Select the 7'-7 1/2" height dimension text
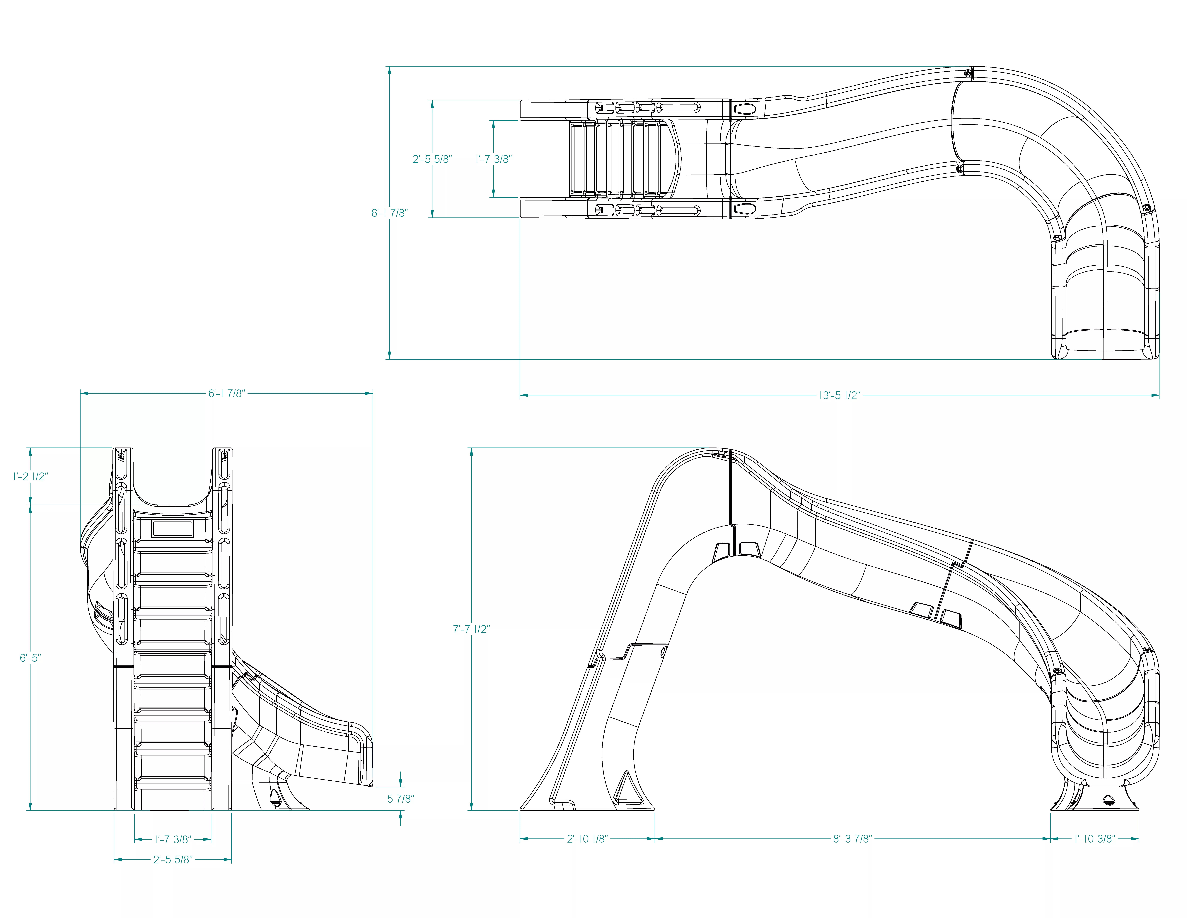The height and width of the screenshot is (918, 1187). click(x=471, y=629)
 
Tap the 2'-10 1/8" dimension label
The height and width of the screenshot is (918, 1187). click(x=587, y=839)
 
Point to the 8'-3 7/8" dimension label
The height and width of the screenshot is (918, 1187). click(x=852, y=839)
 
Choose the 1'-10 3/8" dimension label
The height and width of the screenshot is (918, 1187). click(x=1095, y=839)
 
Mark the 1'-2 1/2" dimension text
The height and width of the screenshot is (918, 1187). click(x=30, y=476)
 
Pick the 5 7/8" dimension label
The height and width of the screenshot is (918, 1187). click(x=401, y=798)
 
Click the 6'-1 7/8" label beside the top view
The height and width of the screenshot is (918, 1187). click(x=389, y=213)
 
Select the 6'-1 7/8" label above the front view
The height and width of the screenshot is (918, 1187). click(x=227, y=393)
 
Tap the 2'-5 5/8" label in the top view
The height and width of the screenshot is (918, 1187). click(x=432, y=159)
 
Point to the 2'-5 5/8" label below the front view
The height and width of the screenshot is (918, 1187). click(x=173, y=859)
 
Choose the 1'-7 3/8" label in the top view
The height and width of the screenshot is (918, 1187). click(x=494, y=159)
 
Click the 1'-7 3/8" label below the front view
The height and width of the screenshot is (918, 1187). click(x=173, y=839)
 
